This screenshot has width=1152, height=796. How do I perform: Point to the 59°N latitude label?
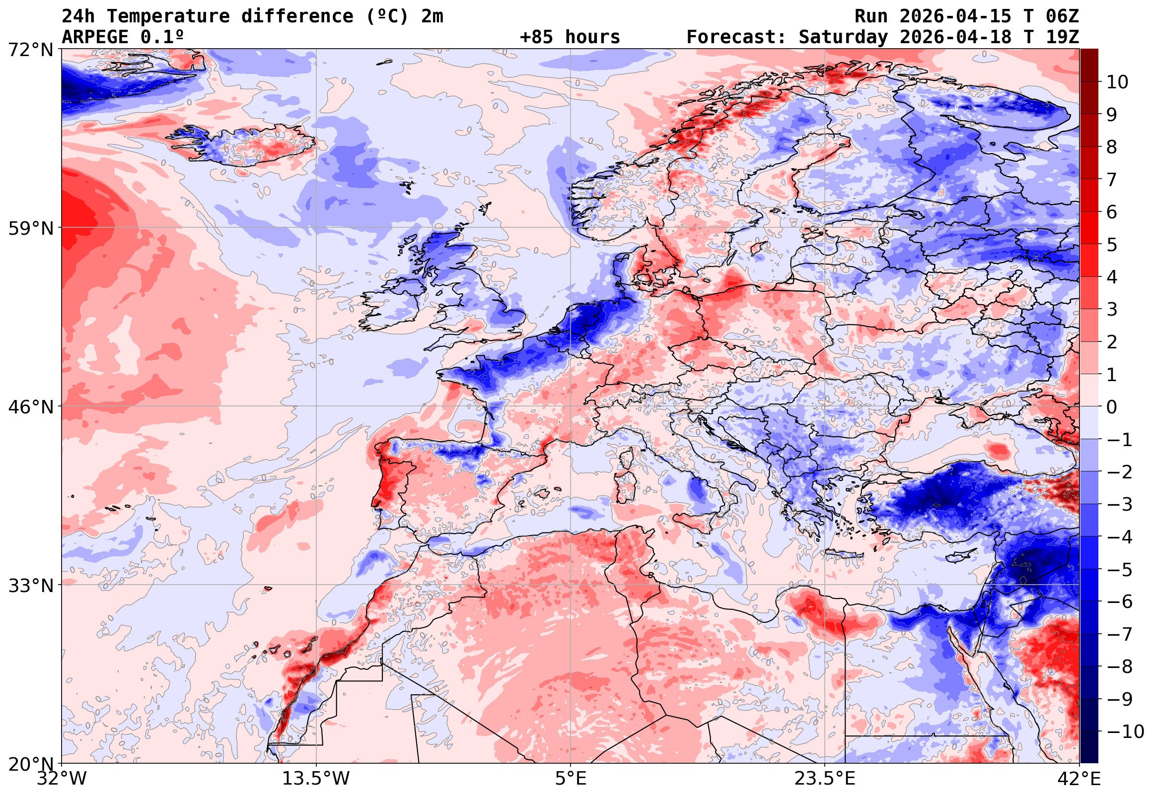(30, 228)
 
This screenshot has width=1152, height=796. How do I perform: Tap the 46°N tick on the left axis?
(30, 407)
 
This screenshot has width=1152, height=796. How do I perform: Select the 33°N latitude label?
(30, 586)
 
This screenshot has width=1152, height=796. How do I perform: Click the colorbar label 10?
(1117, 82)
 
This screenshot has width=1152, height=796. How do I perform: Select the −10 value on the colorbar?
(1125, 731)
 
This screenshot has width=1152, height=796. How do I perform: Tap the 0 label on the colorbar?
(1112, 407)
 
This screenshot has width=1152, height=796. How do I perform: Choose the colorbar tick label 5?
(1112, 245)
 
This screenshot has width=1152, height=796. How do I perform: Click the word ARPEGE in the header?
(95, 37)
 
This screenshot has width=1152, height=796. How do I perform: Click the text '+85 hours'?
(570, 37)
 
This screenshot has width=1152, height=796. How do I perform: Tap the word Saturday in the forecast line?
(843, 37)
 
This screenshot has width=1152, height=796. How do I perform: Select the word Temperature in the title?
(168, 16)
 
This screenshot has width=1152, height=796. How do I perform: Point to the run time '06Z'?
(1062, 16)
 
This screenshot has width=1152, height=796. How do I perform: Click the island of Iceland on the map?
(244, 145)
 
